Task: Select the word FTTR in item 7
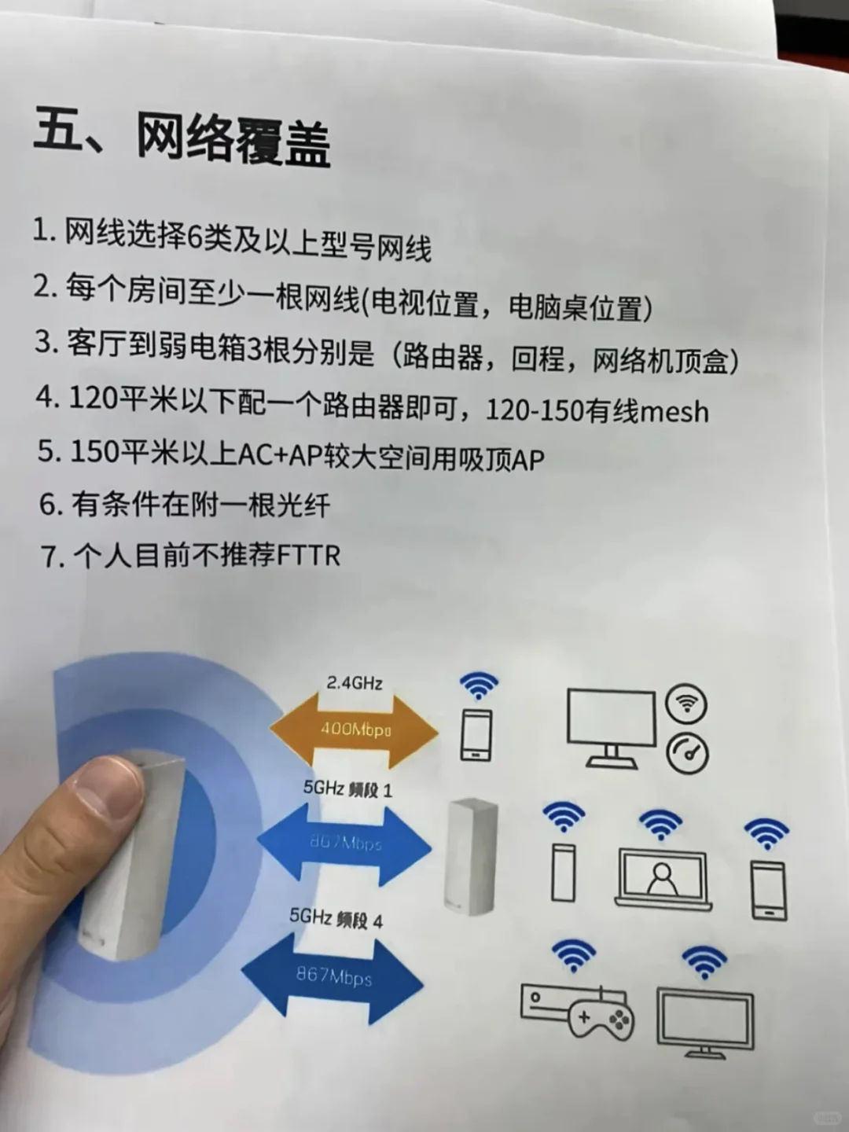tap(309, 556)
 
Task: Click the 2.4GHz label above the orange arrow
tap(355, 682)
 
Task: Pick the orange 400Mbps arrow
tap(355, 730)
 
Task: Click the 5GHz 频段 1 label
tap(347, 788)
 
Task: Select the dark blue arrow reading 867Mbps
tap(333, 977)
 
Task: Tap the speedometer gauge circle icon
tap(687, 753)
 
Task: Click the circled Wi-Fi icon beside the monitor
tap(686, 704)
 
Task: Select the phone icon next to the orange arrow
tap(476, 735)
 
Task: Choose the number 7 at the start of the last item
tap(51, 557)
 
